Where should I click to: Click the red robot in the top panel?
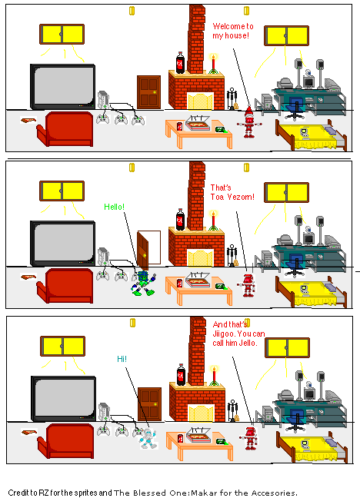tap(248, 124)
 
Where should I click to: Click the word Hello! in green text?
tap(114, 207)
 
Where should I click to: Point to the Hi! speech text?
tap(122, 359)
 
